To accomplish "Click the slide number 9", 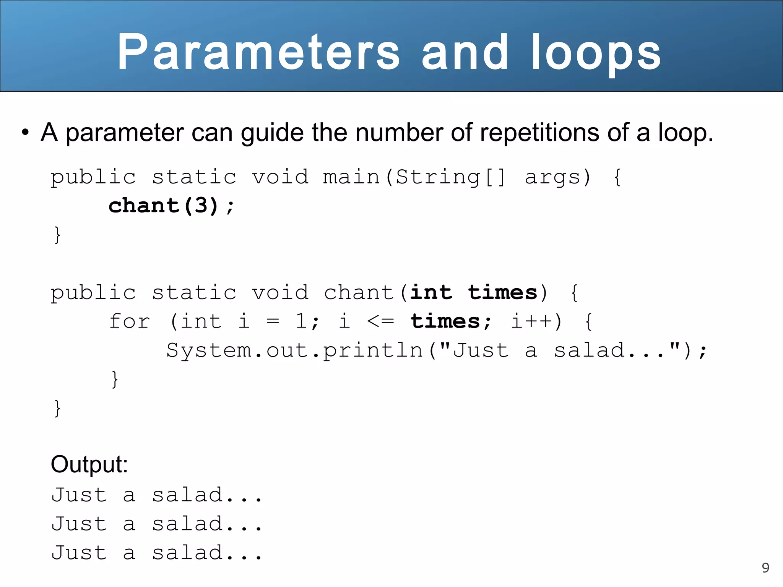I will pyautogui.click(x=765, y=568).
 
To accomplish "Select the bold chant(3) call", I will pyautogui.click(x=163, y=206).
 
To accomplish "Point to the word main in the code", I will pyautogui.click(x=351, y=177).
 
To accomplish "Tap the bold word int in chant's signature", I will pyautogui.click(x=431, y=293).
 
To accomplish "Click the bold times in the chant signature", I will pyautogui.click(x=503, y=293).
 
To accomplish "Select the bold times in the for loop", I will pyautogui.click(x=445, y=321).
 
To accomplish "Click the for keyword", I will pyautogui.click(x=130, y=321).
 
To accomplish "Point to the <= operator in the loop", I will pyautogui.click(x=380, y=321).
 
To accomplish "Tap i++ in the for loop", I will pyautogui.click(x=531, y=321).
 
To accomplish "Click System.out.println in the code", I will pyautogui.click(x=294, y=350).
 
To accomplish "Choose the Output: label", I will pyautogui.click(x=89, y=465).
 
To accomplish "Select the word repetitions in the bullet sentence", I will pyautogui.click(x=539, y=133).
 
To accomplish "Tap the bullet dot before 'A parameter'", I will pyautogui.click(x=25, y=133).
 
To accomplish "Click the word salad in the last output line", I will pyautogui.click(x=187, y=553).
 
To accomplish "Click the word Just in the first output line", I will pyautogui.click(x=79, y=495).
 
